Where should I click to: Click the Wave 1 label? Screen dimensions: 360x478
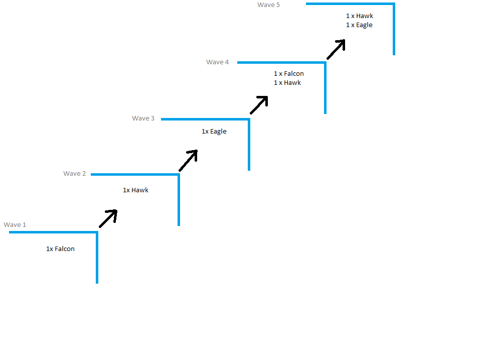point(15,225)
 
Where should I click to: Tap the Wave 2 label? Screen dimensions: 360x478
point(74,174)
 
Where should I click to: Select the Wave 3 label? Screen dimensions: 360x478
point(143,118)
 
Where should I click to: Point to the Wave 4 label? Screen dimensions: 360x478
point(217,62)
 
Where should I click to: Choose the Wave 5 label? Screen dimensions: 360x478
point(268,5)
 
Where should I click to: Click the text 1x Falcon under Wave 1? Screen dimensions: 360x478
point(60,249)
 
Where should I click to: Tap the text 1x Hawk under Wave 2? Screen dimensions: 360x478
point(135,190)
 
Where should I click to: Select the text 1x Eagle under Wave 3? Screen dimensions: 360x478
point(214,132)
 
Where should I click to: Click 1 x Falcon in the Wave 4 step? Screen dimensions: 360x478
point(288,74)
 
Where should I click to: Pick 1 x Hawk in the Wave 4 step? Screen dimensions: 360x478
point(287,83)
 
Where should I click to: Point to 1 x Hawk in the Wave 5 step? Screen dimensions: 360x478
point(359,16)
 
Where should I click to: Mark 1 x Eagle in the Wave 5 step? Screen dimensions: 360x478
point(359,25)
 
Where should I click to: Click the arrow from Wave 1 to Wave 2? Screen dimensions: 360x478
point(108,218)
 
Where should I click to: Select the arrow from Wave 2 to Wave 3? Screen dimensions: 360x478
point(189,160)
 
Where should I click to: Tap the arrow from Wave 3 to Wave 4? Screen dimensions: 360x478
point(259,104)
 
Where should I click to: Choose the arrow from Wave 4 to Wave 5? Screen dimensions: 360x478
point(337,49)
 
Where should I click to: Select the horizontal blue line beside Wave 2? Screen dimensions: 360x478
point(134,175)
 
